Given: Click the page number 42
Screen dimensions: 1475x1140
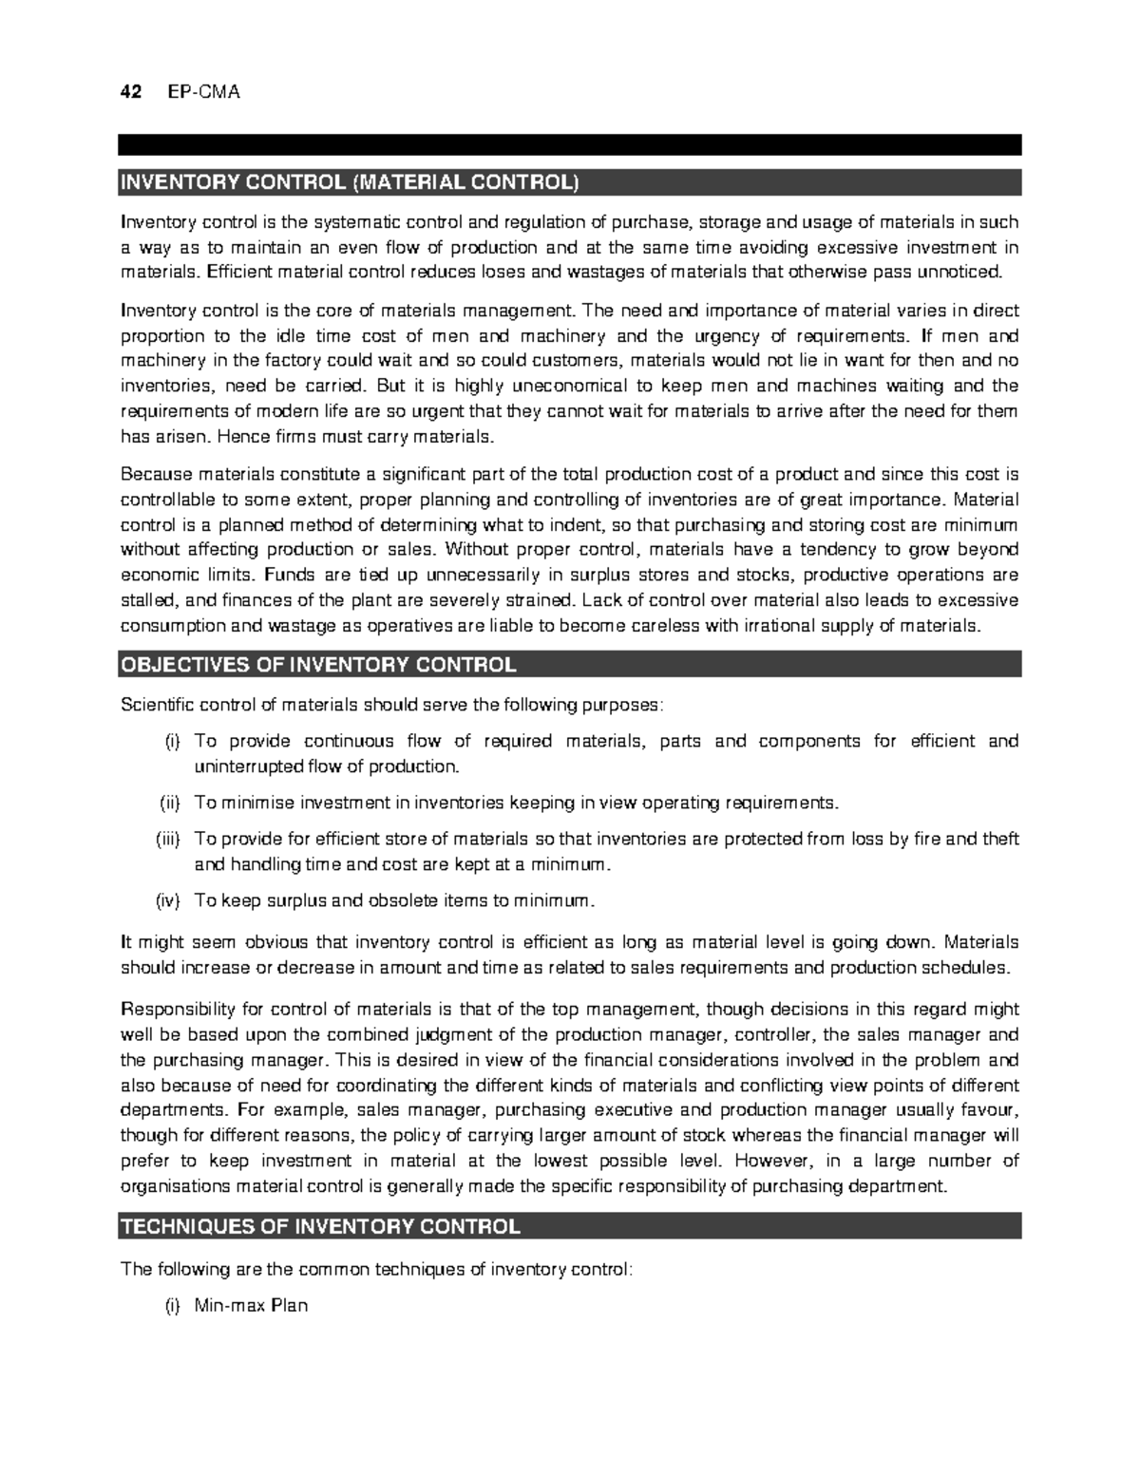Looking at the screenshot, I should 130,92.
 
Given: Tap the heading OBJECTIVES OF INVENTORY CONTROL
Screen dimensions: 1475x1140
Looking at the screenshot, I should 317,665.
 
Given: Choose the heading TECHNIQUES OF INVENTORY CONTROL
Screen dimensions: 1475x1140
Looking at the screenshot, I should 319,1226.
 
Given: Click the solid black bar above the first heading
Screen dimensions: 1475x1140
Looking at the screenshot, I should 570,144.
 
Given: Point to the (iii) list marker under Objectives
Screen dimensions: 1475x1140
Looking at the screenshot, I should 167,840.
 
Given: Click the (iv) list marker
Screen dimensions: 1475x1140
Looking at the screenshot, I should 167,901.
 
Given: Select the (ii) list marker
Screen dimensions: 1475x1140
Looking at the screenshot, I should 168,804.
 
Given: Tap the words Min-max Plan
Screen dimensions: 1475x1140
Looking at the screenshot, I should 251,1306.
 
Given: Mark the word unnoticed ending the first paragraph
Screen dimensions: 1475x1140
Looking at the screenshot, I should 962,274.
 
